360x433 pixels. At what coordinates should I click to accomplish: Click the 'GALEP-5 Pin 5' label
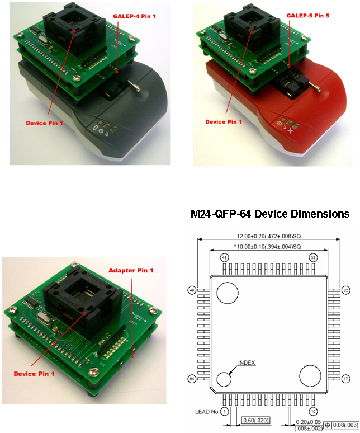click(307, 16)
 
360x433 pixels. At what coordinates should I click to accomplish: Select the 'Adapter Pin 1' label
click(130, 271)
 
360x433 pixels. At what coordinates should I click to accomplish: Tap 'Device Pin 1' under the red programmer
click(224, 121)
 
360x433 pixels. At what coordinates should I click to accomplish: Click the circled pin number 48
click(225, 258)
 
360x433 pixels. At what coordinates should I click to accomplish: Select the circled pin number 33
click(312, 258)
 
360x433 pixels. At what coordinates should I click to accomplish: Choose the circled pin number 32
click(346, 290)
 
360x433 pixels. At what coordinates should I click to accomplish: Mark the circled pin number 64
click(191, 378)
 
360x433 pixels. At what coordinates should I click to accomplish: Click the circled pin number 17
click(346, 378)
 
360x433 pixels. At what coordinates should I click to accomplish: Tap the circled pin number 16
click(312, 411)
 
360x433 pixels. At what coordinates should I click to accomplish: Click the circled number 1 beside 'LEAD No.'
click(225, 411)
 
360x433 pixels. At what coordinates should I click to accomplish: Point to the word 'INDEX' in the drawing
click(246, 363)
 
